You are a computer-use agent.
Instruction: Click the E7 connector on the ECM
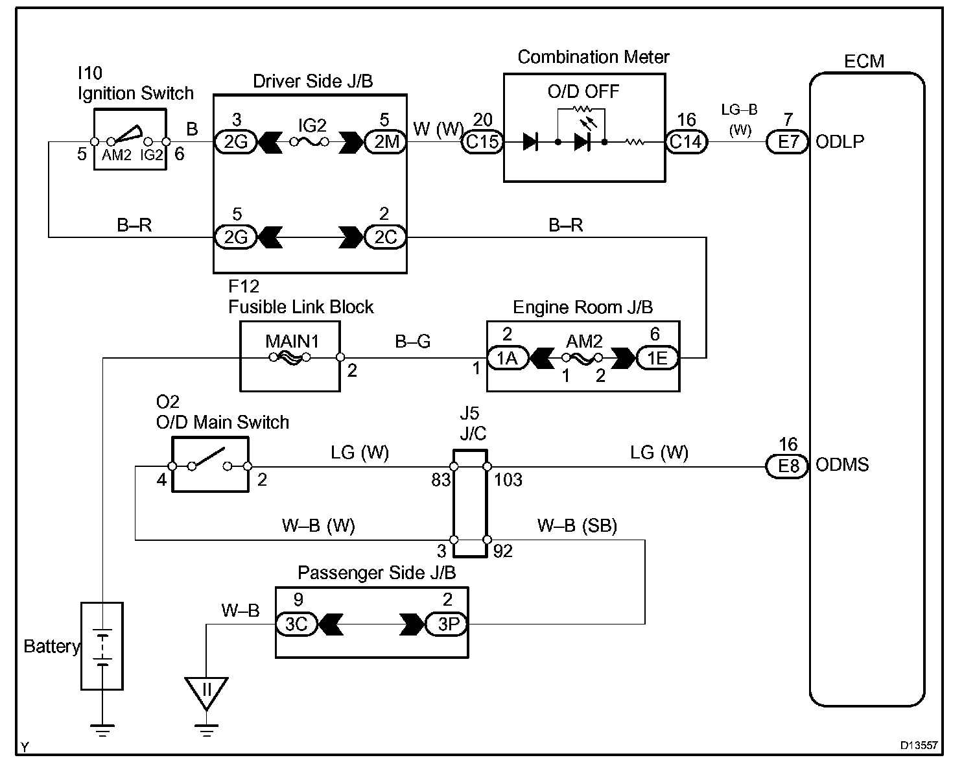point(788,141)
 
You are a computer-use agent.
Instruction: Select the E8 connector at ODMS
point(788,466)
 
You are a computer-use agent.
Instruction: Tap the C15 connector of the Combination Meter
point(482,141)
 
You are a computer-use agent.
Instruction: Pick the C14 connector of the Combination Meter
point(687,141)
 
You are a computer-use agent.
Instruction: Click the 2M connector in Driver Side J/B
point(385,141)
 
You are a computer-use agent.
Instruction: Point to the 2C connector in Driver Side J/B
point(385,237)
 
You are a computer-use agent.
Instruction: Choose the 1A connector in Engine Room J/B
point(508,358)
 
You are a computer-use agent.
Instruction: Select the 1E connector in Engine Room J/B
point(657,358)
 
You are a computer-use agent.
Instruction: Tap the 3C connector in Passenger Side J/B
point(296,624)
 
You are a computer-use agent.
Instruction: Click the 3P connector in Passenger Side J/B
point(447,624)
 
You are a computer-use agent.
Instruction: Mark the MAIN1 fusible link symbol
point(290,357)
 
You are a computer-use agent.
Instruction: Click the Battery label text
point(51,647)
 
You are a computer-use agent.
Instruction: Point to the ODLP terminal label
point(840,141)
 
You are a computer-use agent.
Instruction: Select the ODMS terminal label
point(843,465)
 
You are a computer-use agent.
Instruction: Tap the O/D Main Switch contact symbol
point(209,460)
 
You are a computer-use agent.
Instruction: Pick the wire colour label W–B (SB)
point(577,525)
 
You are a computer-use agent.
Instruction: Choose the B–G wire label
point(413,342)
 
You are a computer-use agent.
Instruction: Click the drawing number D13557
point(919,746)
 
